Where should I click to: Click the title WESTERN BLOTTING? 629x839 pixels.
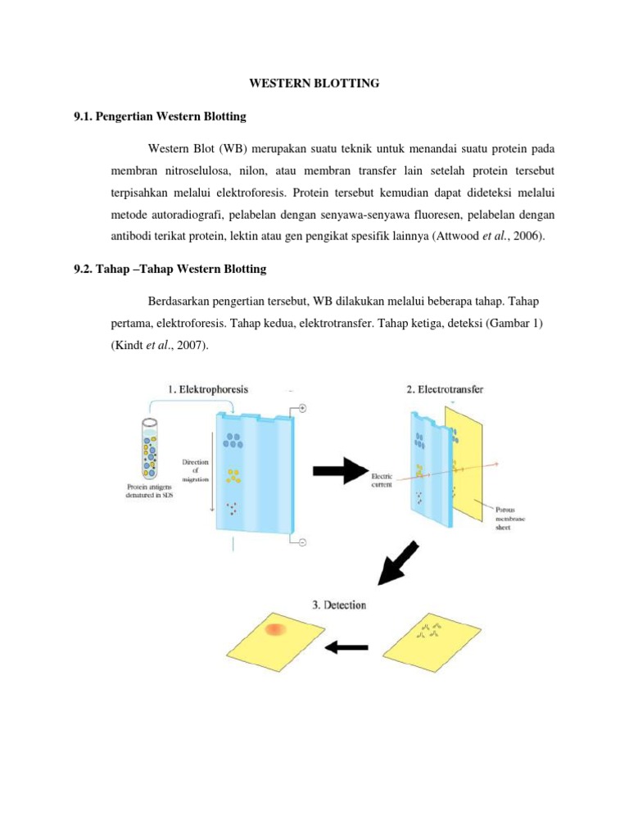pos(314,83)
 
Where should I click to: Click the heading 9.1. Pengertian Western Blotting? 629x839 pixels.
pos(160,116)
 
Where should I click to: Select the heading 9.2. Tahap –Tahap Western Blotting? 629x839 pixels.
pos(170,269)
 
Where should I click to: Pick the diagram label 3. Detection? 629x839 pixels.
pos(338,605)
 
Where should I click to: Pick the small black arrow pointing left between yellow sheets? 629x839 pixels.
pos(346,648)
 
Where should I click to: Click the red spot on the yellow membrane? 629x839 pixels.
pos(275,629)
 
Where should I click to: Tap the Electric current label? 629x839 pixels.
pos(382,479)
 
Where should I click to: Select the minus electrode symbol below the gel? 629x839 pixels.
pos(301,542)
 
